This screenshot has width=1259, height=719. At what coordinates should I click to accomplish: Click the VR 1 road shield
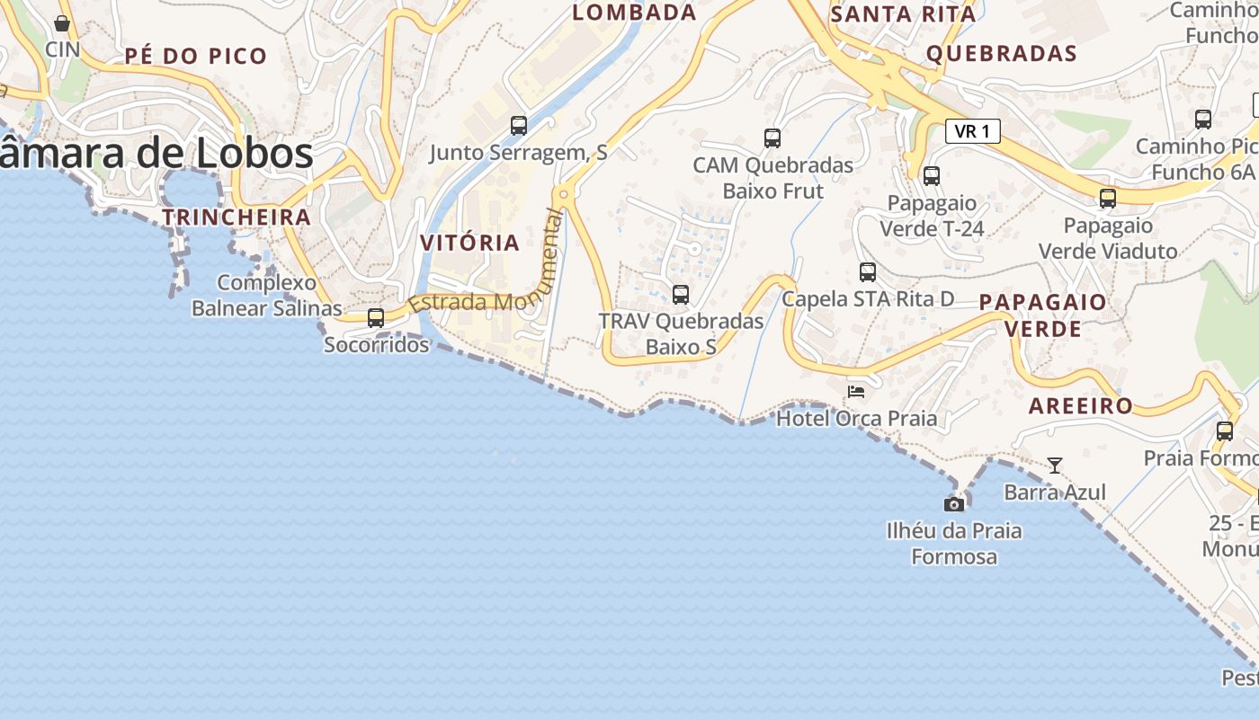(x=973, y=131)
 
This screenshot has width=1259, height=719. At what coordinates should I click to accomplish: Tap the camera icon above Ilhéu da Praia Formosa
(x=954, y=504)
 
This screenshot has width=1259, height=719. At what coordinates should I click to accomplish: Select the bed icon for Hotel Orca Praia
(x=856, y=391)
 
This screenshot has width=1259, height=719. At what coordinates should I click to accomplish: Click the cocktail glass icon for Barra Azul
(x=1055, y=465)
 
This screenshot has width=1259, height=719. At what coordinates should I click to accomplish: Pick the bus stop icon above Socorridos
(x=376, y=317)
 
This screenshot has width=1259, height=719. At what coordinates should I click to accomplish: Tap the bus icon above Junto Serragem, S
(x=519, y=125)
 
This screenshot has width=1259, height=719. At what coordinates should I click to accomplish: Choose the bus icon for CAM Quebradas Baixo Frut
(x=772, y=138)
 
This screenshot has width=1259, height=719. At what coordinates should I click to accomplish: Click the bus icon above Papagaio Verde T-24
(x=932, y=175)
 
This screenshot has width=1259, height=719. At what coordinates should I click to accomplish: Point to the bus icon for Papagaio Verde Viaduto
(x=1108, y=198)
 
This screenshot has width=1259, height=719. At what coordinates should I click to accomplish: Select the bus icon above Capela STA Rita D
(x=868, y=271)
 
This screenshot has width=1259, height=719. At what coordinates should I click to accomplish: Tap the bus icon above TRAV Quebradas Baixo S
(x=681, y=294)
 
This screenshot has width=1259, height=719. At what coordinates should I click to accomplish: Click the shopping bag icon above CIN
(x=62, y=23)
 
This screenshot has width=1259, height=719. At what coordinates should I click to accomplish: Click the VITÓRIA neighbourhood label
(x=470, y=243)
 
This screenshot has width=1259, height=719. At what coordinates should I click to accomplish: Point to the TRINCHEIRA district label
(x=237, y=217)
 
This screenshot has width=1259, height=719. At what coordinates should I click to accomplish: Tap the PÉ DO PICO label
(x=196, y=56)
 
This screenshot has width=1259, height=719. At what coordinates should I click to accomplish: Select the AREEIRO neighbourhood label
(x=1081, y=406)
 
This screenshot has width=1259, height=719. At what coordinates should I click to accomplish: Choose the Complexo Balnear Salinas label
(x=267, y=296)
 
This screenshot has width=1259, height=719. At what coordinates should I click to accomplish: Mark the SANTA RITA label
(x=904, y=14)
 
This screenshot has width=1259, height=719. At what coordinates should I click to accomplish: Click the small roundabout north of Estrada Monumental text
(x=564, y=193)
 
